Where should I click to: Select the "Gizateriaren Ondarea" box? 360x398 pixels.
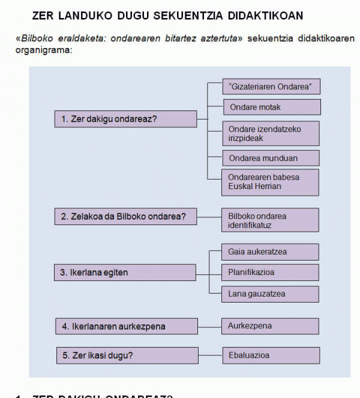(x=271, y=86)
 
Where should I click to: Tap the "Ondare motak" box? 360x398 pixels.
(x=271, y=107)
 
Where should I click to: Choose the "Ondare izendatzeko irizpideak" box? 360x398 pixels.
(x=271, y=133)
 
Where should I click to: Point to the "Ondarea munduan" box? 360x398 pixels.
(x=271, y=158)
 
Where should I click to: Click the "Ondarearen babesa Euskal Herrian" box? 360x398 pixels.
(x=271, y=182)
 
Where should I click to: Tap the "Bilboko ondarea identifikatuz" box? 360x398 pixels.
(x=271, y=220)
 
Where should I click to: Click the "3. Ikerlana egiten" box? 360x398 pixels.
(x=125, y=273)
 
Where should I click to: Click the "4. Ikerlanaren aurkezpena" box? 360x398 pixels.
(x=127, y=327)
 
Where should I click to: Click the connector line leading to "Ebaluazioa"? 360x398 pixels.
(x=210, y=355)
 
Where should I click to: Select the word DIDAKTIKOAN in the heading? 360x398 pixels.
(x=266, y=14)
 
